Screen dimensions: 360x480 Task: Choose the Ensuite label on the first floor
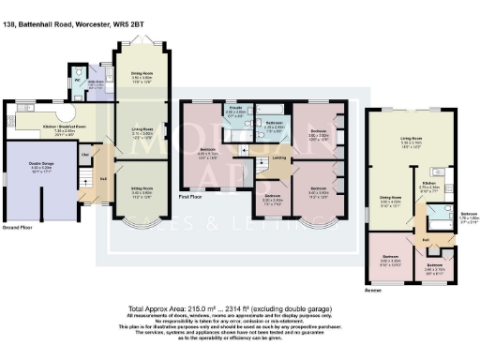236,111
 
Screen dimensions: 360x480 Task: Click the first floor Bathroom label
274,124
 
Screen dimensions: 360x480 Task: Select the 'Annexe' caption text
373,290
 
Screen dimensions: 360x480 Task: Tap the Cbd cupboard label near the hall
85,153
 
